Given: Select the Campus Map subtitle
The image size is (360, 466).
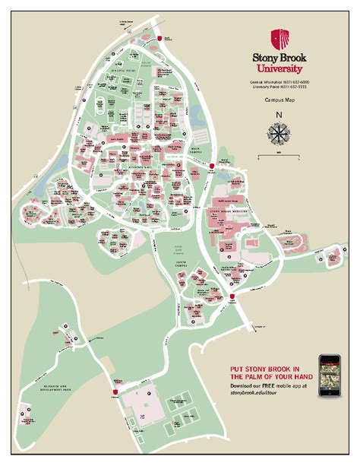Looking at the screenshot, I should [x=279, y=99].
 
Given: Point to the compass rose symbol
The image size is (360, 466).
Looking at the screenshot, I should [x=279, y=134].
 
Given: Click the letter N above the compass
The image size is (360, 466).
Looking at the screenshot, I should [x=279, y=116].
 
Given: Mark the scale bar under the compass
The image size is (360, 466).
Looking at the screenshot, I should [x=279, y=156].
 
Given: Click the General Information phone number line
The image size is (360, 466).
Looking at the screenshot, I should [x=279, y=81].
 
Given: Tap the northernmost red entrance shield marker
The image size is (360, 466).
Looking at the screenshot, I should [x=158, y=38].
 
